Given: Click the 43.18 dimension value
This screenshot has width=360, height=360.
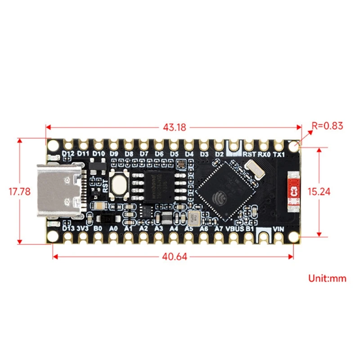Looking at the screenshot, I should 175,127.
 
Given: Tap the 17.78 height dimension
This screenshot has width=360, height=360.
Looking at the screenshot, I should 20,191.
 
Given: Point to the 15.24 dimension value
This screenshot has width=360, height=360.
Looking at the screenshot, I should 319,191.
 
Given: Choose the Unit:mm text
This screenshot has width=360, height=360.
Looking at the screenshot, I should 327,278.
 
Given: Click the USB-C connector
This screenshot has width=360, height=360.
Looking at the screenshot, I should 60,191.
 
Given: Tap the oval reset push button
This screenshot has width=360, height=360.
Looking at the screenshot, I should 118,184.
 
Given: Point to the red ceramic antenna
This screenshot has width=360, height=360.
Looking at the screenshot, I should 295,192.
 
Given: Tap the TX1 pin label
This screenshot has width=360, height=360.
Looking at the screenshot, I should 279,154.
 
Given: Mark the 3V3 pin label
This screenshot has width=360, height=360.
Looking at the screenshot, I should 83,229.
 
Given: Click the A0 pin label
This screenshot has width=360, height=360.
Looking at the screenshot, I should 113,229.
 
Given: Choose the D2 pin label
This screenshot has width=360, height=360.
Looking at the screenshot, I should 219,154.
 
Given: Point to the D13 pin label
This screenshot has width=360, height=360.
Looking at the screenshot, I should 68,229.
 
